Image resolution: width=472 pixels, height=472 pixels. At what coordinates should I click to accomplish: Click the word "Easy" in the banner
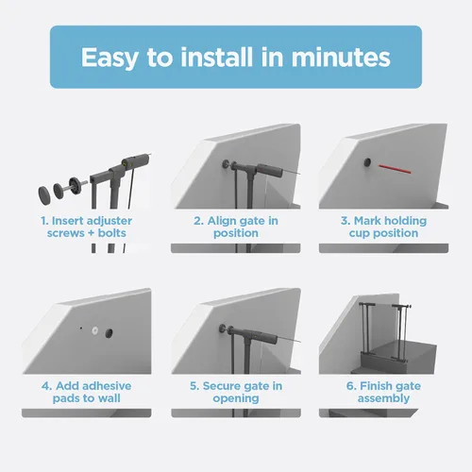tap(110, 58)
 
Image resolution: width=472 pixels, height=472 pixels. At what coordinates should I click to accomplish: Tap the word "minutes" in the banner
tap(341, 58)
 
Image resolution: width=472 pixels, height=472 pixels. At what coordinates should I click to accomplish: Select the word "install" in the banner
tap(217, 57)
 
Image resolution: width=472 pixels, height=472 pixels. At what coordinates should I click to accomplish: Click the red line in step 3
tap(395, 169)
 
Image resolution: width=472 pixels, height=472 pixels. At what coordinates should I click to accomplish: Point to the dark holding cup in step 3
tap(367, 162)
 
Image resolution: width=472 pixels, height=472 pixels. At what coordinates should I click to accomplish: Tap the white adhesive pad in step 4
tap(95, 330)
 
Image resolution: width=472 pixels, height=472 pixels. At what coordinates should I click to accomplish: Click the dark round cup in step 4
tap(109, 333)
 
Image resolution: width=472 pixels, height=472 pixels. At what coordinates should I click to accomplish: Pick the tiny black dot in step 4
tap(81, 329)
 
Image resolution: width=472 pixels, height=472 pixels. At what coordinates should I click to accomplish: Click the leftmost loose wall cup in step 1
tap(44, 195)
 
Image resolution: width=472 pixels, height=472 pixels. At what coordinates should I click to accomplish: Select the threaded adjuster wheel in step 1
tap(76, 186)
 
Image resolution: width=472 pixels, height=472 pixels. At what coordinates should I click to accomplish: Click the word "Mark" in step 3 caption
tap(367, 221)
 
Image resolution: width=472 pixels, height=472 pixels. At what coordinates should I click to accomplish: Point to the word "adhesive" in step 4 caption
tap(107, 386)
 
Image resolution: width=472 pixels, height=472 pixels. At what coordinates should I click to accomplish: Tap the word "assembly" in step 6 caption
tap(383, 398)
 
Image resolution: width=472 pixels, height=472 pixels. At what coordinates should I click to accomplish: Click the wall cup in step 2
tap(226, 164)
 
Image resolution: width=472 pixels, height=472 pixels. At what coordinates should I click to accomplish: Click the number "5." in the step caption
tap(194, 386)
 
